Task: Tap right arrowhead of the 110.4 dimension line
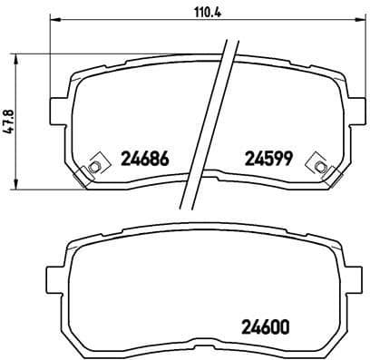pyautogui.click(x=347, y=23)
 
